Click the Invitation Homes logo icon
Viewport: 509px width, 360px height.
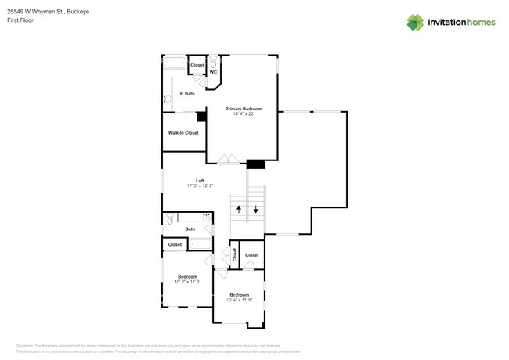415,23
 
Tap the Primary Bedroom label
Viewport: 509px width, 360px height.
243,109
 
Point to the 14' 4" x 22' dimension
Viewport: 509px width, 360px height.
243,114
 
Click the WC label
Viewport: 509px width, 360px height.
213,73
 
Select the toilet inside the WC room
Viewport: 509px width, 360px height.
213,62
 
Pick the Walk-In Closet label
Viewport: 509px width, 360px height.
183,133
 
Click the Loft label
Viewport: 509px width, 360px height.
200,181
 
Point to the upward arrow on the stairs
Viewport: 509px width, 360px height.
240,209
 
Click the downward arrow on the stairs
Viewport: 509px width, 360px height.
257,209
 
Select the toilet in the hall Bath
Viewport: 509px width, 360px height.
168,221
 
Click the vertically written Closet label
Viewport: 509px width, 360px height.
234,255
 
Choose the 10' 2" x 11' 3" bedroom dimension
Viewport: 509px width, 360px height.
187,282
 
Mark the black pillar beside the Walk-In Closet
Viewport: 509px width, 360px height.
201,117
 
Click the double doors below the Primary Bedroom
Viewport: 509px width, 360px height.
227,160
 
